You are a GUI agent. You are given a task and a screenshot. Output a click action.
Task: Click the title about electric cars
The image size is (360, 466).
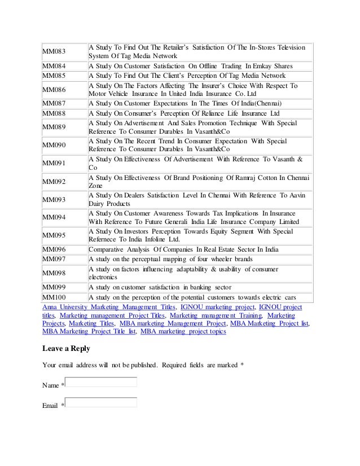coord(192,298)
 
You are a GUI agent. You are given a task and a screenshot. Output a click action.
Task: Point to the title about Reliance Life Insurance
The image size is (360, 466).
coord(183,113)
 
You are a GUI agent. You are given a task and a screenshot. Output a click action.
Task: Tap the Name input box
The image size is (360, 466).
coord(101,383)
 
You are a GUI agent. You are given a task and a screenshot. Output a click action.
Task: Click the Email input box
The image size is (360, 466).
coord(101,403)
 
